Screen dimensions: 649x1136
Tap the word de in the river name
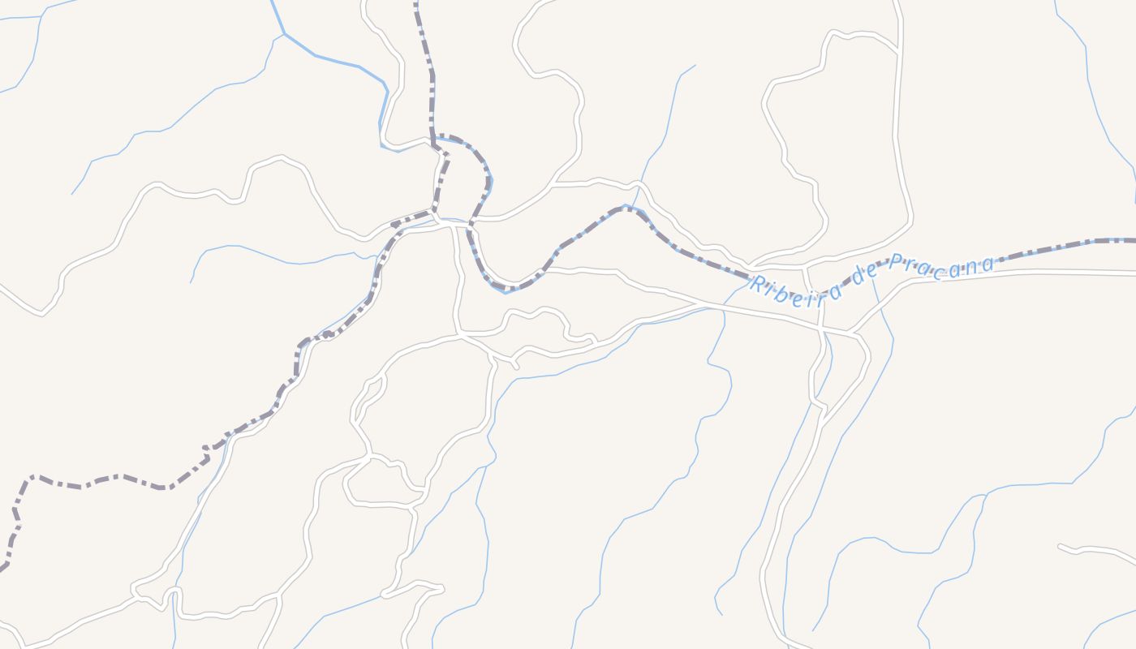click(x=865, y=273)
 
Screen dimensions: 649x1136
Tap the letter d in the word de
click(x=858, y=276)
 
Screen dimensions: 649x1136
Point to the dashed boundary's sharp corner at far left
click(x=31, y=477)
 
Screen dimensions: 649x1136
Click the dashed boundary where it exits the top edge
click(x=416, y=3)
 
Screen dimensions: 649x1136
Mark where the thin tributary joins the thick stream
click(x=285, y=34)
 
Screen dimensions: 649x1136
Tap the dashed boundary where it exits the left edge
click(x=2, y=567)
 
